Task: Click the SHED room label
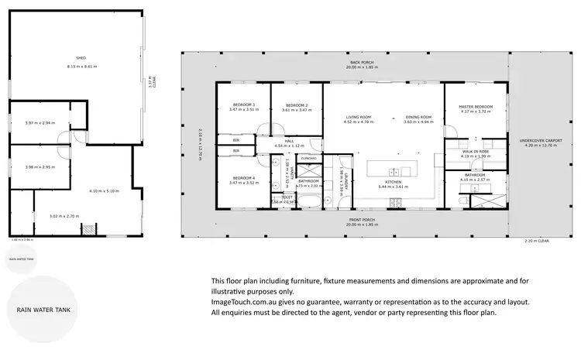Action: pos(80,58)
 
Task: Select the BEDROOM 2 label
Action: pos(296,105)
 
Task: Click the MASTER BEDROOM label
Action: pos(476,106)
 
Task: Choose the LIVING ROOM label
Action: pos(358,117)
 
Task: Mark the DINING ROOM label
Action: pos(417,117)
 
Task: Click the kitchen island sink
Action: pos(394,171)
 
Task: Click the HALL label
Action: pos(288,141)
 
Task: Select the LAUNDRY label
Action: pos(346,181)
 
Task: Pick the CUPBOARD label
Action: pos(309,157)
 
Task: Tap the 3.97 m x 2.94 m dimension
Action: pos(39,123)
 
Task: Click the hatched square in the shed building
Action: pos(88,229)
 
